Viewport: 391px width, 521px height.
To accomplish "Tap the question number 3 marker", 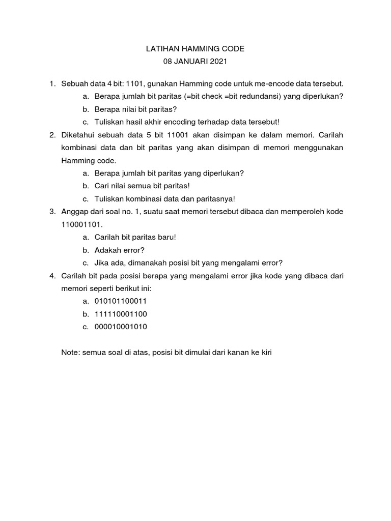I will (x=52, y=211).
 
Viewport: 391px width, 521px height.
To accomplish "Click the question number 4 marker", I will (x=52, y=275).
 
